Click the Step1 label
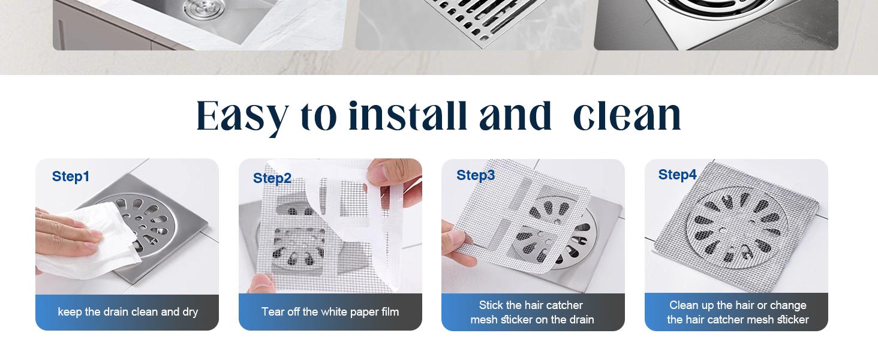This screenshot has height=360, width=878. tap(71, 176)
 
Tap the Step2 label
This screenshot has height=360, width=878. tap(272, 178)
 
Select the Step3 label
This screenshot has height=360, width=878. tap(476, 175)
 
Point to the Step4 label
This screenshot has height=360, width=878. tap(677, 175)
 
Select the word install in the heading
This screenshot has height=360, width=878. tap(407, 116)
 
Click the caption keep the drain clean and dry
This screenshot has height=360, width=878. tap(128, 312)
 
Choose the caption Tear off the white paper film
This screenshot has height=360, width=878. tap(330, 312)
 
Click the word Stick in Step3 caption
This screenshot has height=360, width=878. tap(491, 305)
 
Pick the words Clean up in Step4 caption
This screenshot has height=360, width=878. tap(692, 305)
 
